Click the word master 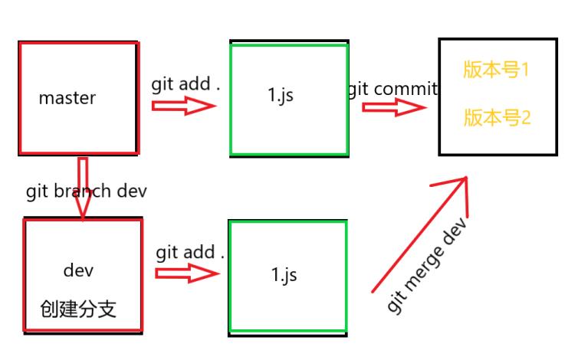(67, 98)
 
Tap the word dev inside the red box (79, 271)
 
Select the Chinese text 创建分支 (78, 309)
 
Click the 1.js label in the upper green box (280, 97)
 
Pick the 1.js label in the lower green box (284, 273)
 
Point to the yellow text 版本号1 (497, 70)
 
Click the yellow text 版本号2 (497, 118)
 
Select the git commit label (392, 89)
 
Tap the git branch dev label (86, 191)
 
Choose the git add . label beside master (186, 84)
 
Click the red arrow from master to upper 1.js (184, 105)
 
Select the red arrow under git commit (393, 108)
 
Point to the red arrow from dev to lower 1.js (187, 273)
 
